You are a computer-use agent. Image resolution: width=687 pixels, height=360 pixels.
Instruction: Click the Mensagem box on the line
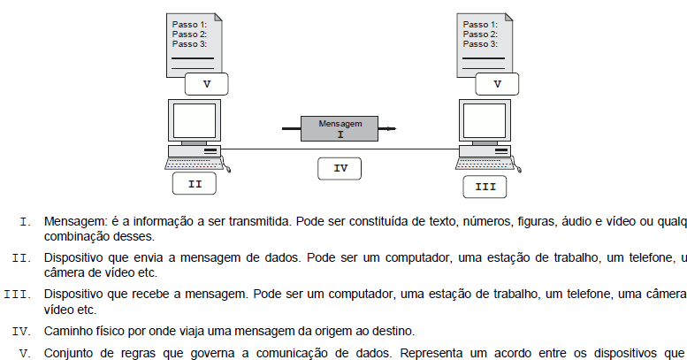340,129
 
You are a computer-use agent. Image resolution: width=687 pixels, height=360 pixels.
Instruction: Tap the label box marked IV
340,166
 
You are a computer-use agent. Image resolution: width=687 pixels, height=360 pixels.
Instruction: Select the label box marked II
195,185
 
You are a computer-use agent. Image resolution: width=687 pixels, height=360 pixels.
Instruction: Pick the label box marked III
485,187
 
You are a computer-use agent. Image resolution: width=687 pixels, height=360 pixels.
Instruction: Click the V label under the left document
207,84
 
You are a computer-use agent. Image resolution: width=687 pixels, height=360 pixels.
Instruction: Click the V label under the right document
497,84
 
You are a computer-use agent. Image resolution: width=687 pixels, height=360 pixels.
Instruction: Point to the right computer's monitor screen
484,121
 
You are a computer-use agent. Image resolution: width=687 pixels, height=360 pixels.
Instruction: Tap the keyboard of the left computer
193,164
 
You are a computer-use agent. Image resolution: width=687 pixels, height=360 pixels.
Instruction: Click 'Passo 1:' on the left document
189,24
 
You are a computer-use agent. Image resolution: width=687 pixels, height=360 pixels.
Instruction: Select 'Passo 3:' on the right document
480,43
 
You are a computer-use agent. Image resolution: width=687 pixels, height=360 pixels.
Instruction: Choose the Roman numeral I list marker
25,220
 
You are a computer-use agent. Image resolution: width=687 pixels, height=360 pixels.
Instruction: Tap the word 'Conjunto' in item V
67,350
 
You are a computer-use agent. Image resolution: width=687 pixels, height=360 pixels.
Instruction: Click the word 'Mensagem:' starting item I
73,220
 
